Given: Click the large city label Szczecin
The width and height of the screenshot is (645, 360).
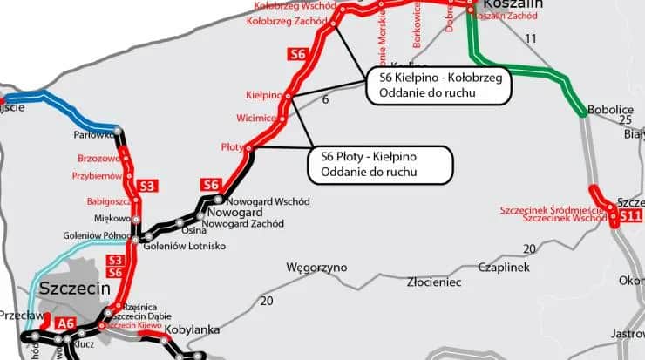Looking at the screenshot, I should (73, 289).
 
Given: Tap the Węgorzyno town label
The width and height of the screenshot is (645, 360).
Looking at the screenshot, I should (316, 267).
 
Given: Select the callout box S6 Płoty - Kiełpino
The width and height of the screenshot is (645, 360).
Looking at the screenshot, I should (381, 164).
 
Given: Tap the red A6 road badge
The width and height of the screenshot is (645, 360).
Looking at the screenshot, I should (66, 324).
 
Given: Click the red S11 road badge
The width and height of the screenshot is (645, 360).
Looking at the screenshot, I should (631, 214).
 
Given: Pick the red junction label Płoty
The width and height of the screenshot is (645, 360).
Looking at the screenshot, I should (232, 147).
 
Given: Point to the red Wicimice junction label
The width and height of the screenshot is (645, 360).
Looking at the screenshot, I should (255, 118).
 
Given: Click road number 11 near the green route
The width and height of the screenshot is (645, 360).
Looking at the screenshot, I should (532, 38).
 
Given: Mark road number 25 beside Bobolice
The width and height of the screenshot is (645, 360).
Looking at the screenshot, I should (624, 119).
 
